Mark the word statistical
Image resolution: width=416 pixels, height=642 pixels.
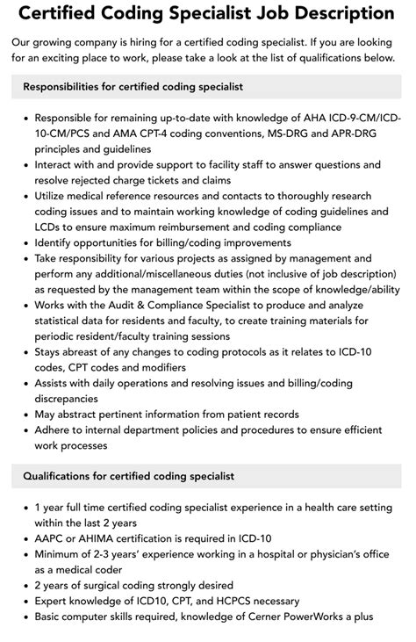64,321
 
